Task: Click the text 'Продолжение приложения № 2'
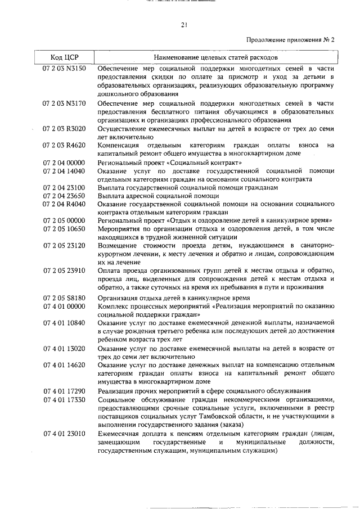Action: (x=290, y=40)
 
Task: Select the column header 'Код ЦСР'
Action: (x=64, y=57)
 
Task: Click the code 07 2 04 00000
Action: (x=64, y=163)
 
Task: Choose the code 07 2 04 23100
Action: (x=64, y=187)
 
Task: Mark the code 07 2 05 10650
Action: (x=64, y=229)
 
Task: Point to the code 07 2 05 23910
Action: (x=64, y=271)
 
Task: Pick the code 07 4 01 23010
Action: (x=64, y=434)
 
